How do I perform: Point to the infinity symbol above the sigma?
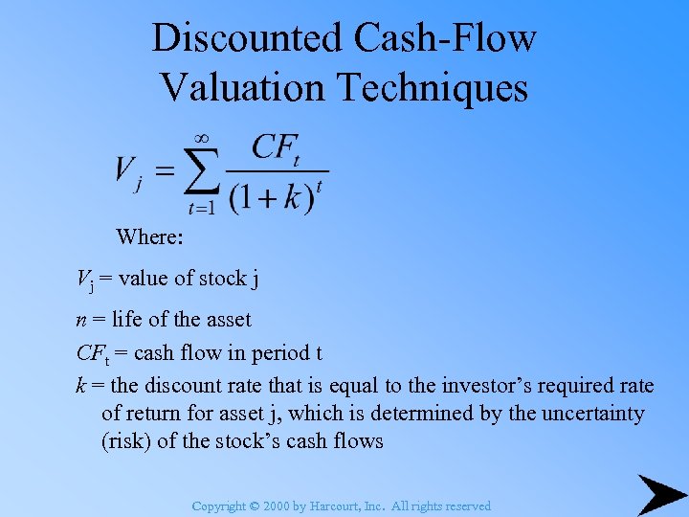tap(201, 140)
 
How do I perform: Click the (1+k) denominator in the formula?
tap(272, 198)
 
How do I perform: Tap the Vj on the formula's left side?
tap(128, 173)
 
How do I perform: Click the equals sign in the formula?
tap(165, 173)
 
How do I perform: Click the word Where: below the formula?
tap(149, 236)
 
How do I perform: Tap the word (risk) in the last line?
tap(126, 441)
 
